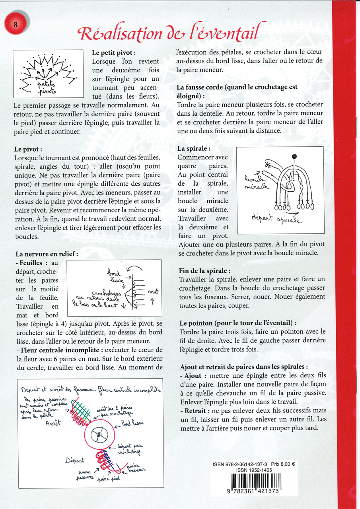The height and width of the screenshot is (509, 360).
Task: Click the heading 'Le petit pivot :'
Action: click(x=114, y=52)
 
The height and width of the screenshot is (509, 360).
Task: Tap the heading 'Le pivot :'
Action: click(x=28, y=150)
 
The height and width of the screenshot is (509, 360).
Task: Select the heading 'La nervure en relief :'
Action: click(x=47, y=254)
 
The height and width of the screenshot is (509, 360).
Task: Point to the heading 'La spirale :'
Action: click(x=193, y=148)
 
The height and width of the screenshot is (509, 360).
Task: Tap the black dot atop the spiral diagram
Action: click(x=294, y=156)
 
